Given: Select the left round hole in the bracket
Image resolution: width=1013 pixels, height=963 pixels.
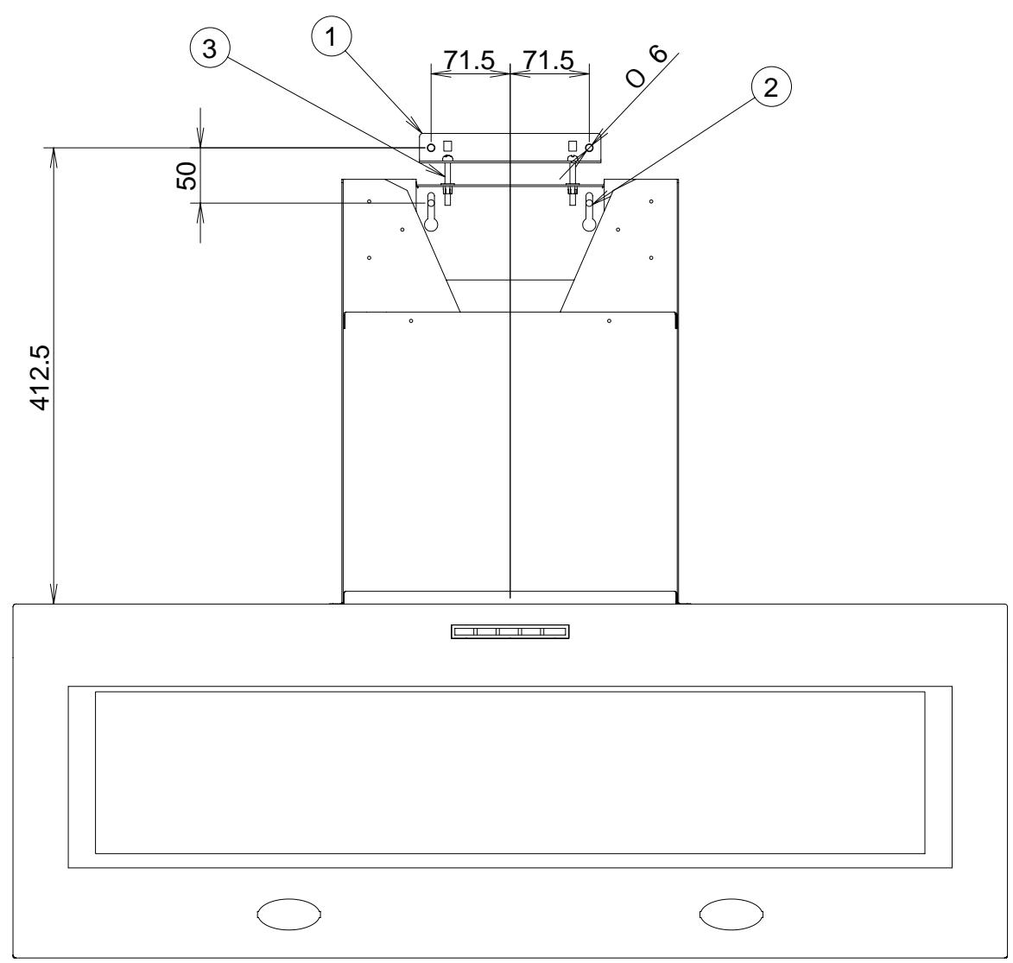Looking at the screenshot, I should click(432, 149).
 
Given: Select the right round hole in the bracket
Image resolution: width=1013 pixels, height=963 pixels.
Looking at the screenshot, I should click(590, 149).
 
